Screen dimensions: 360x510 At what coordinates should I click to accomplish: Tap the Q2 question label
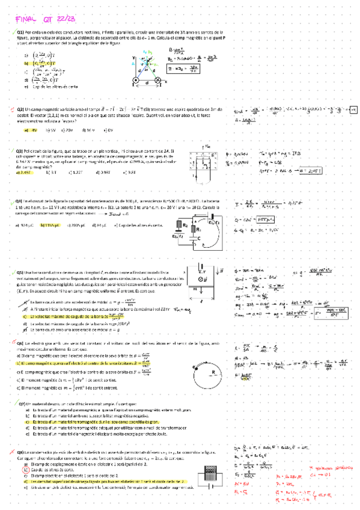tap(20, 108)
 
